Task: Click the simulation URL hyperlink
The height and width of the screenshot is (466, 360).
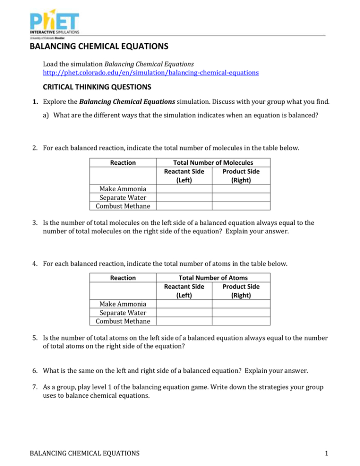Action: tap(150, 73)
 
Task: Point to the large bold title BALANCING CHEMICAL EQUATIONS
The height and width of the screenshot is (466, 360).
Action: tap(99, 47)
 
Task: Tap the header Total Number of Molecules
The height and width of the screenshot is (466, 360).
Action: tap(212, 162)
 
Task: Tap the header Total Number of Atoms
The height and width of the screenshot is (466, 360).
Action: tap(212, 278)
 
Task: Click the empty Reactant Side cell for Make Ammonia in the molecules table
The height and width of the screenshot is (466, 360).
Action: tap(184, 189)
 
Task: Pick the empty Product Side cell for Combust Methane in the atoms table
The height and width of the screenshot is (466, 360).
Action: tap(241, 321)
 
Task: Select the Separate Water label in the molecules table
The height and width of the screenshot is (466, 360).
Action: tap(123, 197)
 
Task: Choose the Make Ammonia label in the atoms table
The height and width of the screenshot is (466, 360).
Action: tap(123, 304)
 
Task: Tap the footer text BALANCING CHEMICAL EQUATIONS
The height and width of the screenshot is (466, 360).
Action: tap(85, 453)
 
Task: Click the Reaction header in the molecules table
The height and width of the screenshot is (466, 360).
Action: tap(123, 162)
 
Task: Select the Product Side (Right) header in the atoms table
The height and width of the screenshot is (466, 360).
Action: tap(241, 291)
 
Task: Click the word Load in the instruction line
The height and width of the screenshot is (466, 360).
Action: tap(50, 64)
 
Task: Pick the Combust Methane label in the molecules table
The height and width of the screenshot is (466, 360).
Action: tap(123, 206)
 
